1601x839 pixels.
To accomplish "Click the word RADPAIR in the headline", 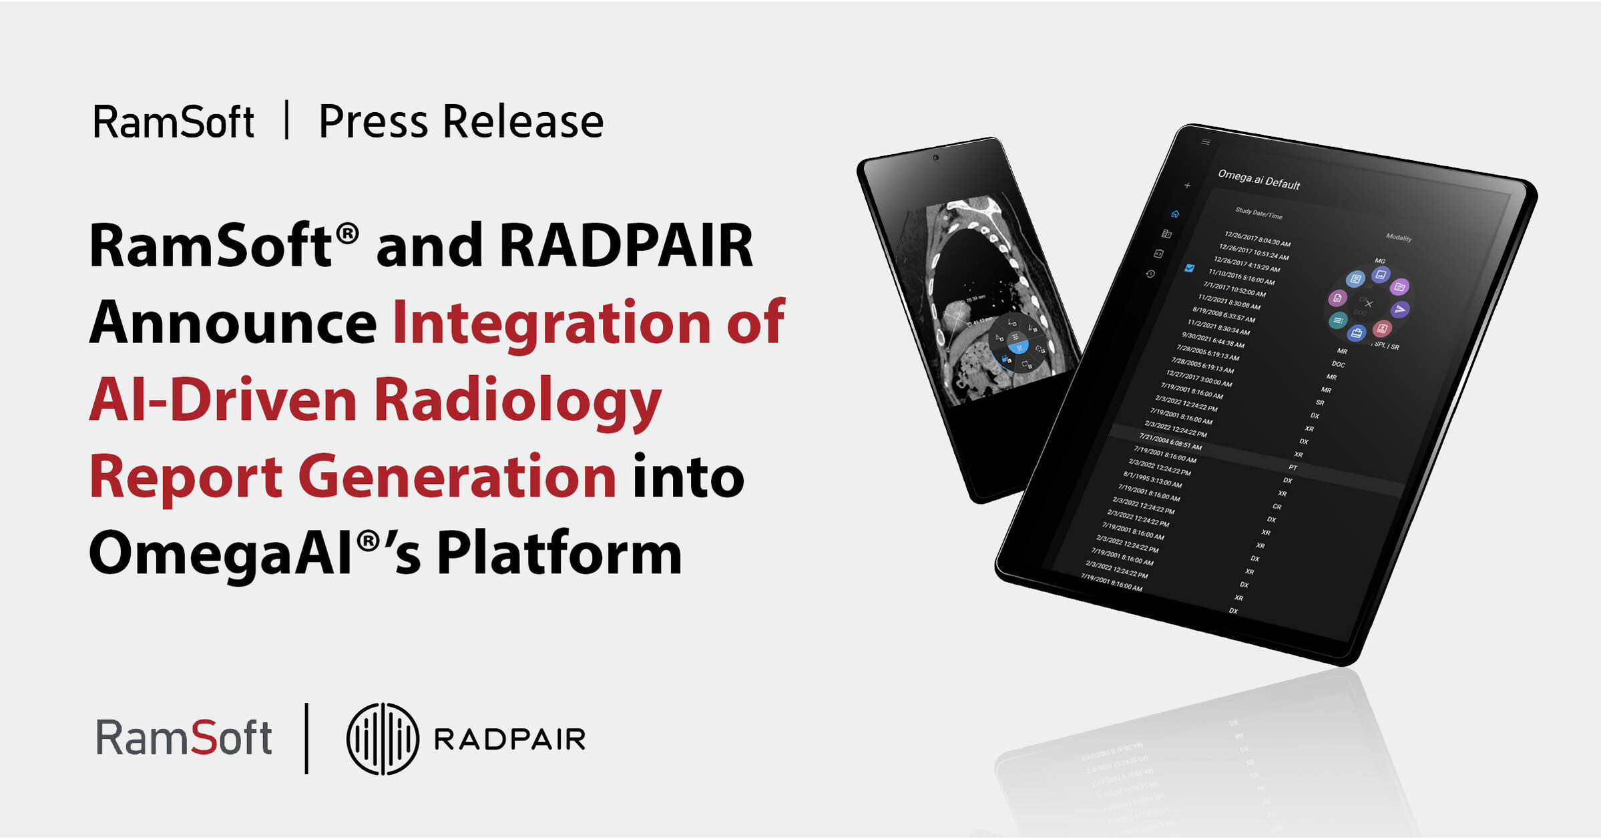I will pos(626,246).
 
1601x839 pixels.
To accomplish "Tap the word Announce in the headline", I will pos(233,323).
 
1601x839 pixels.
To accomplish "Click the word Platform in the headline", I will pos(559,553).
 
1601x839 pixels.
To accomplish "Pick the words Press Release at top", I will pos(461,121).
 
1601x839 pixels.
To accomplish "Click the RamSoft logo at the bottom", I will pos(184,738).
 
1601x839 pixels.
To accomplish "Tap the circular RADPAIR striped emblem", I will pos(383,739).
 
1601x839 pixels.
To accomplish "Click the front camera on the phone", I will pos(936,158).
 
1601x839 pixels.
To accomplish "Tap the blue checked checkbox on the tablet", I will pos(1189,268).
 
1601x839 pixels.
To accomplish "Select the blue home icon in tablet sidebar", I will pos(1175,214).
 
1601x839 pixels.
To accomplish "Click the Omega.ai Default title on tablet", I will pos(1259,180).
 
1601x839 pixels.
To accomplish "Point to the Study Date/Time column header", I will pos(1259,214).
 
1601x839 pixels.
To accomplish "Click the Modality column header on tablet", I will pos(1399,237).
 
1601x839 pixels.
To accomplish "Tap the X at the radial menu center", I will pos(1369,304).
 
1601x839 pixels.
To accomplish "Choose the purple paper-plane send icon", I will pos(1400,309).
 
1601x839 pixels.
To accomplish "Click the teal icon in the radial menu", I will pos(1337,321).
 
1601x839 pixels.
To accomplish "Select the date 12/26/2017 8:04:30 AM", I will pos(1257,239).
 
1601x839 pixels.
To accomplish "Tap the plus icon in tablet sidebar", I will pos(1187,186).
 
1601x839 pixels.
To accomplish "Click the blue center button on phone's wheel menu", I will pos(1019,347).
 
